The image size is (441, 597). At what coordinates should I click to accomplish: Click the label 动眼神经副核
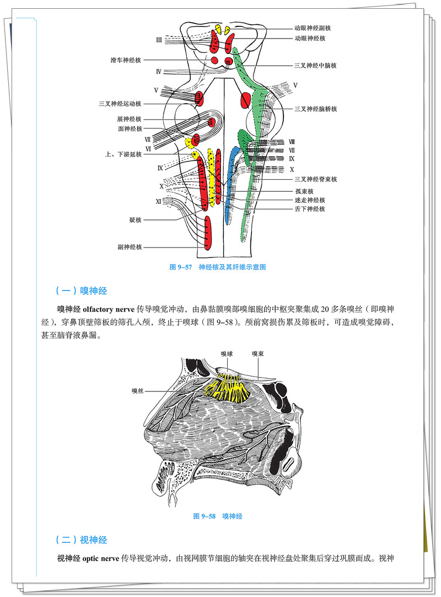click(313, 28)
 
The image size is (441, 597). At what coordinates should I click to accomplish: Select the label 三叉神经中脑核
click(315, 66)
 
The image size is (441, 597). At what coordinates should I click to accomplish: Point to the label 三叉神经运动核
click(120, 103)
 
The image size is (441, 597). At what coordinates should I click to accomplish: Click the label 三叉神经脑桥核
click(315, 109)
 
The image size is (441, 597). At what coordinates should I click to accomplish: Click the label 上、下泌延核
click(123, 154)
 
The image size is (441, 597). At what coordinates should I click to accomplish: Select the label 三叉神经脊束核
click(315, 179)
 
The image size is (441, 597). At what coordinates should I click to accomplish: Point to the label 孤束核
click(304, 191)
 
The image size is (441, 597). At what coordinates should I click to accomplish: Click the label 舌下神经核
click(310, 209)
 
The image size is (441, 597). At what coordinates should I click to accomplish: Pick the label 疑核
click(136, 220)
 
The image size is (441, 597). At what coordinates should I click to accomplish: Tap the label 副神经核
click(130, 248)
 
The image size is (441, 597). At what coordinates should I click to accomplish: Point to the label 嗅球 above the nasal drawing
click(227, 354)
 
